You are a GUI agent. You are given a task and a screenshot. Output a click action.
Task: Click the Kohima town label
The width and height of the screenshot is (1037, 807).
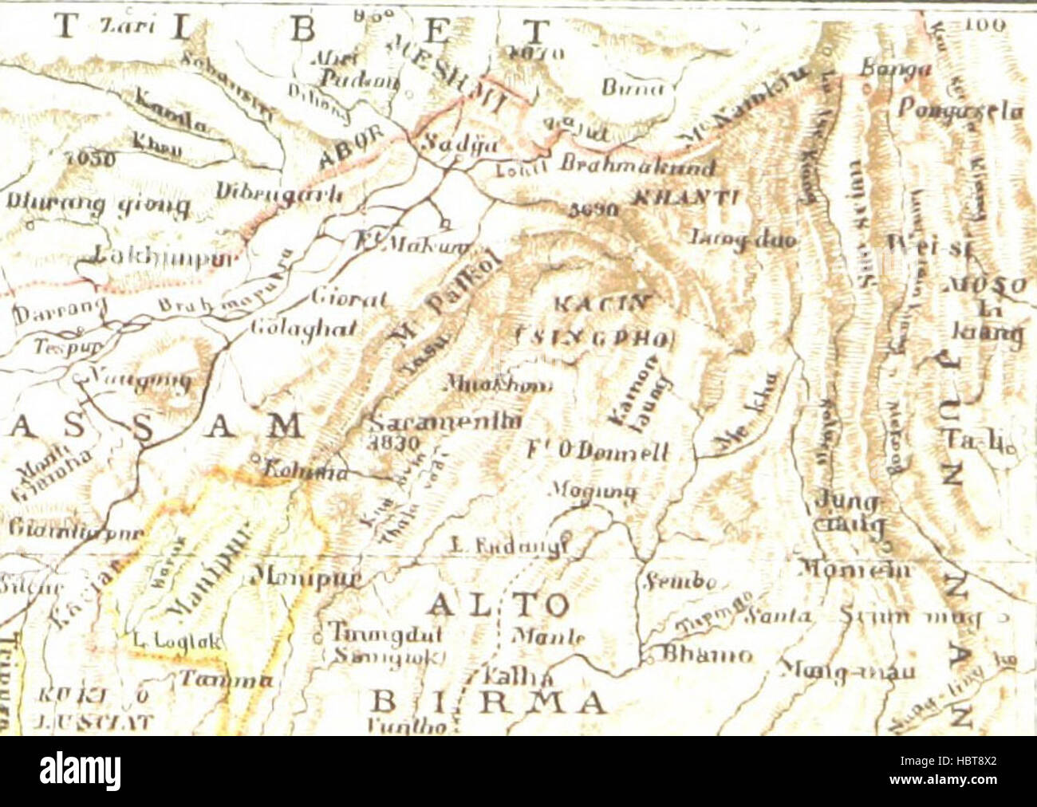point(301,471)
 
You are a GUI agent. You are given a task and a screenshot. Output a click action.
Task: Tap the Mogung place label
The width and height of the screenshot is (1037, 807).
point(593,490)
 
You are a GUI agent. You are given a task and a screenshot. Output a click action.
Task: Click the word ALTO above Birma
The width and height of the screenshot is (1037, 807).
point(498,605)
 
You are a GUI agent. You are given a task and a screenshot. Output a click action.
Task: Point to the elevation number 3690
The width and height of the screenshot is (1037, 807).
point(594,210)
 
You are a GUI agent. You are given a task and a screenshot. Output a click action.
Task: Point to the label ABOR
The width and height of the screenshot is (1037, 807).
point(352,149)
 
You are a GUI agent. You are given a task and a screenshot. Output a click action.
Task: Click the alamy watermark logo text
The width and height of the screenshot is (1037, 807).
point(81,771)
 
